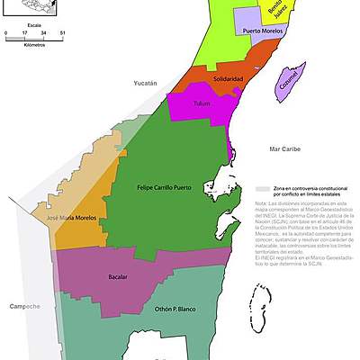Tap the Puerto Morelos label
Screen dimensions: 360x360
pyautogui.click(x=262, y=31)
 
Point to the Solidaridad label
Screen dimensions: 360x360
pyautogui.click(x=228, y=79)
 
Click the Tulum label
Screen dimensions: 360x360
pyautogui.click(x=202, y=103)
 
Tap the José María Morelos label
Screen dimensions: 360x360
pyautogui.click(x=70, y=218)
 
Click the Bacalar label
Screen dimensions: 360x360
pyautogui.click(x=117, y=276)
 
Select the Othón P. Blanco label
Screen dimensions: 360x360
pyautogui.click(x=174, y=309)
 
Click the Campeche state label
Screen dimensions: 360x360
pyautogui.click(x=24, y=307)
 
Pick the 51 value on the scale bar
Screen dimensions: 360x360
pyautogui.click(x=62, y=33)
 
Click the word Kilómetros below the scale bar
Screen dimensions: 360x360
pyautogui.click(x=35, y=43)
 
